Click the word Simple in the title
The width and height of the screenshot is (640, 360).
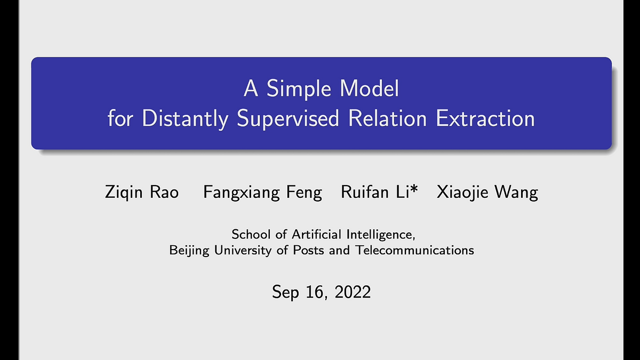tap(299, 89)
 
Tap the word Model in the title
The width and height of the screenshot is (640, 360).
tap(370, 89)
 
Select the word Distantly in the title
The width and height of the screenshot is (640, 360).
tap(185, 118)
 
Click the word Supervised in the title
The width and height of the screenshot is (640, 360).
tap(288, 118)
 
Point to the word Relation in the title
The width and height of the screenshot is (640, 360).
tap(387, 118)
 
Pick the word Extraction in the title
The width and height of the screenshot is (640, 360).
tap(485, 118)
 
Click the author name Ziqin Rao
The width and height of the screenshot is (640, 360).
tap(142, 191)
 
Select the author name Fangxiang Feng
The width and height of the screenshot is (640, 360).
tap(262, 193)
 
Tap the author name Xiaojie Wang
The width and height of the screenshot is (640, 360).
tap(487, 193)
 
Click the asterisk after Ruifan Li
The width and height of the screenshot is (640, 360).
tap(414, 189)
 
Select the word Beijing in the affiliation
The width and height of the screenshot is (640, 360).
tap(189, 251)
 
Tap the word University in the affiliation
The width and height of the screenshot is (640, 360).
tap(243, 251)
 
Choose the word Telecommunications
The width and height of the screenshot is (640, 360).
tap(414, 250)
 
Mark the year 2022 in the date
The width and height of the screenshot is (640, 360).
tap(353, 292)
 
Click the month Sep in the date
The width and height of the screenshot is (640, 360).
tap(285, 292)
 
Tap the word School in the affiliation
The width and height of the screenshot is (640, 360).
tap(251, 235)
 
